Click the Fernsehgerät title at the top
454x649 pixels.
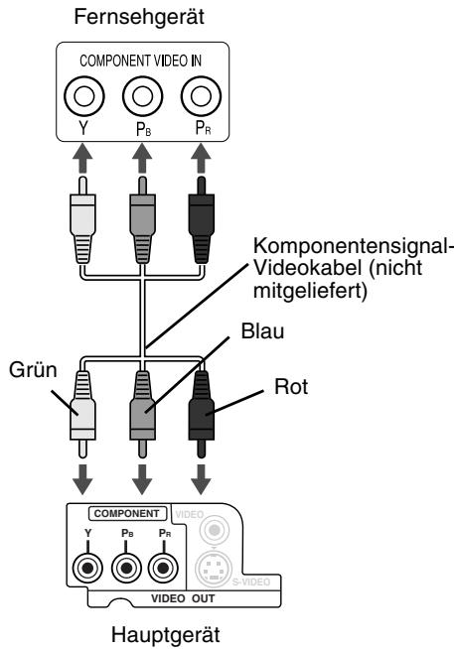pos(139,18)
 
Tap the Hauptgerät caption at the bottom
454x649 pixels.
pos(166,635)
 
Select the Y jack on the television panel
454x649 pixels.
pos(84,96)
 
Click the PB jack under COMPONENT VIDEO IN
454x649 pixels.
pos(142,96)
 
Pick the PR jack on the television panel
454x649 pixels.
pos(202,96)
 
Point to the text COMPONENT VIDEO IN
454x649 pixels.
pos(140,61)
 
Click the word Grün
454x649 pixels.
pos(33,369)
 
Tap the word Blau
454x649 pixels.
pos(262,331)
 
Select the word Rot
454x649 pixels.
pos(291,387)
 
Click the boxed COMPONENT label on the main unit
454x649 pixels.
pos(127,514)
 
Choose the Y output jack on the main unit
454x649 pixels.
pos(87,569)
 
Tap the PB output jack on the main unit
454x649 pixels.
pos(126,569)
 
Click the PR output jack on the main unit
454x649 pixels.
pos(163,569)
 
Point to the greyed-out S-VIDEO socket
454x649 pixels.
pos(213,569)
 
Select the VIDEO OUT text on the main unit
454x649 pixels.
pos(183,598)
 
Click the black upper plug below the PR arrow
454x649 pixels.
pos(202,220)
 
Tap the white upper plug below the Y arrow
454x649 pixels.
pos(82,220)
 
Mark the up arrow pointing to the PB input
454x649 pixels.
pos(142,158)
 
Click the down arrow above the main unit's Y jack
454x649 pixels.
pos(82,479)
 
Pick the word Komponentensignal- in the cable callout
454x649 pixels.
pos(352,245)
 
